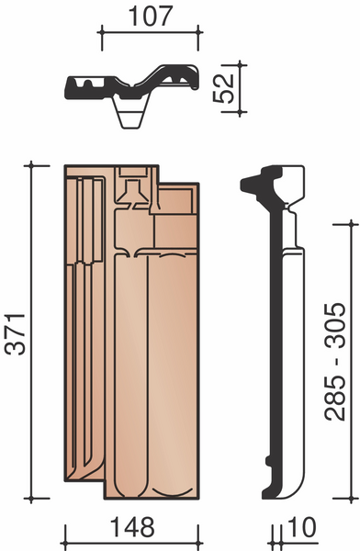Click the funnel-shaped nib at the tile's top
(132, 193)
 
